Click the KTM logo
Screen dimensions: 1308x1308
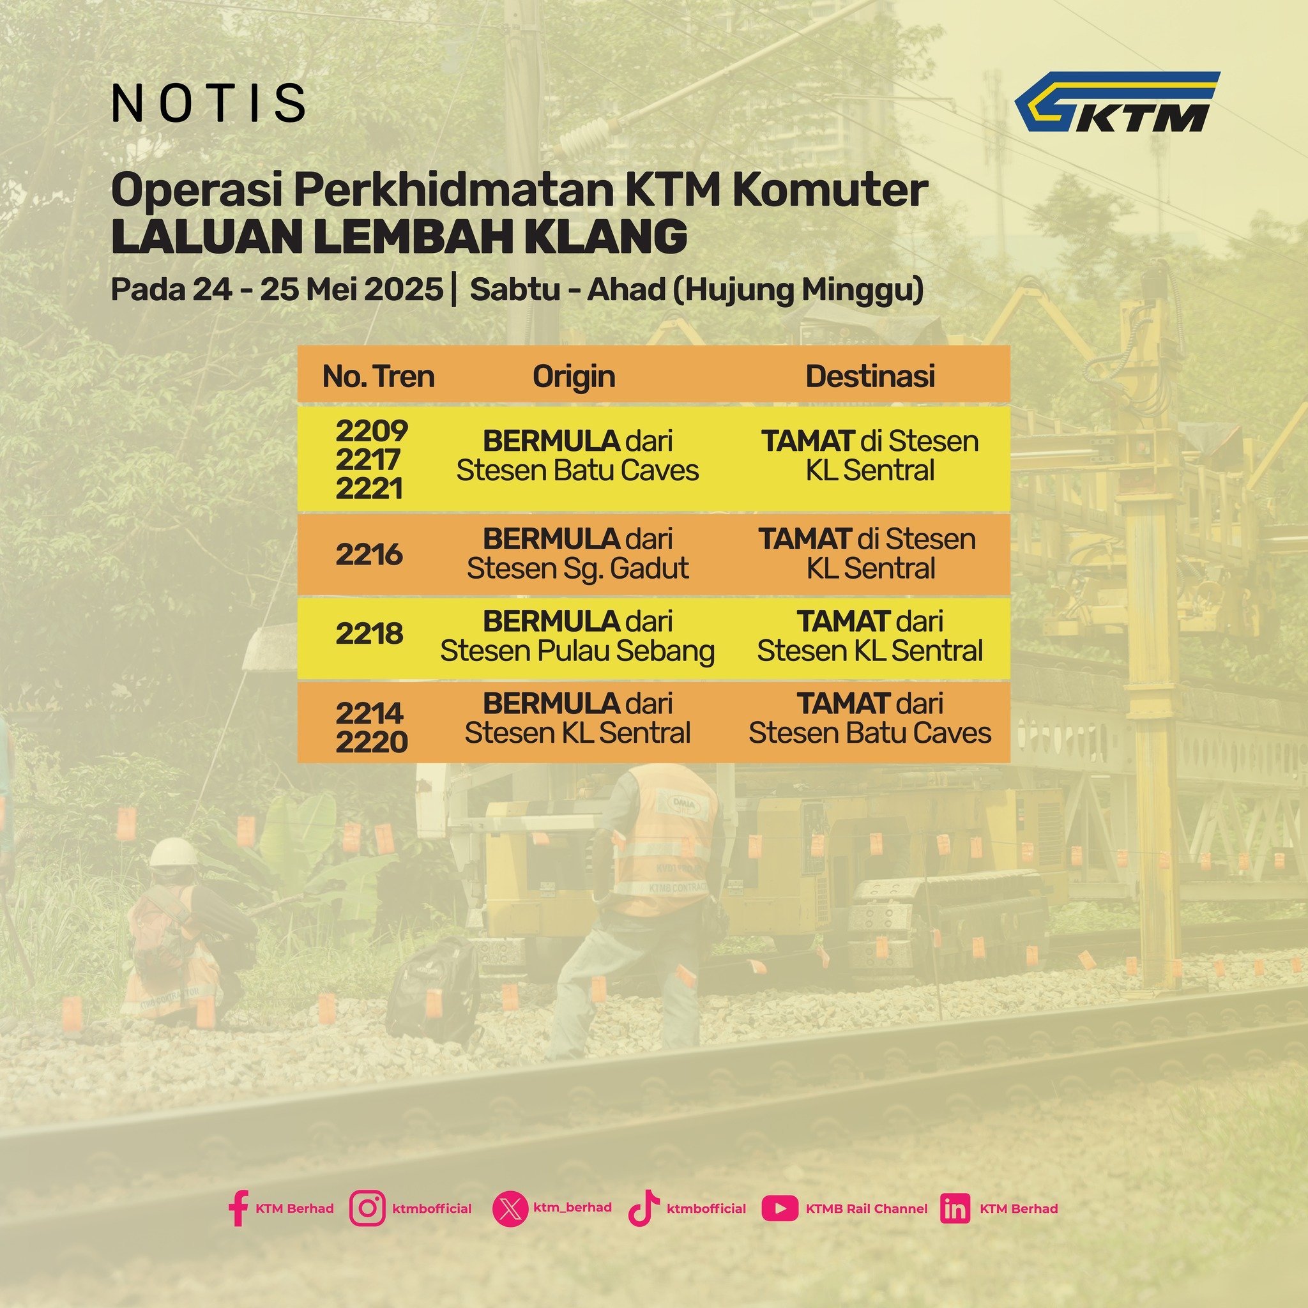(x=1117, y=102)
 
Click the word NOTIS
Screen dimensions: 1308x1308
(x=208, y=103)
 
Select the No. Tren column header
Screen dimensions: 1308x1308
(x=378, y=376)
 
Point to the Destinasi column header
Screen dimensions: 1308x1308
(x=870, y=376)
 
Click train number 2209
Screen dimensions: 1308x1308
(x=372, y=430)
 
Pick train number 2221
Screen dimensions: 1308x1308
(x=369, y=489)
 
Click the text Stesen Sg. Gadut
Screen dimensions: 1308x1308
(x=577, y=568)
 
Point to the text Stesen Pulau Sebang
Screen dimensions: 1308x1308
(x=577, y=651)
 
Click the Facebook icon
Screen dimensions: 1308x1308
(x=238, y=1208)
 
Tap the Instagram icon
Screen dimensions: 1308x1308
(x=368, y=1208)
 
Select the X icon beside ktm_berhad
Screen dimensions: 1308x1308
(x=510, y=1209)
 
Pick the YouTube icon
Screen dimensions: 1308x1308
(x=779, y=1208)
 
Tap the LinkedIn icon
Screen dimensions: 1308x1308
(x=955, y=1209)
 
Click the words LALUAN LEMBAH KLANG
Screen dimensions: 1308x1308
(x=399, y=237)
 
